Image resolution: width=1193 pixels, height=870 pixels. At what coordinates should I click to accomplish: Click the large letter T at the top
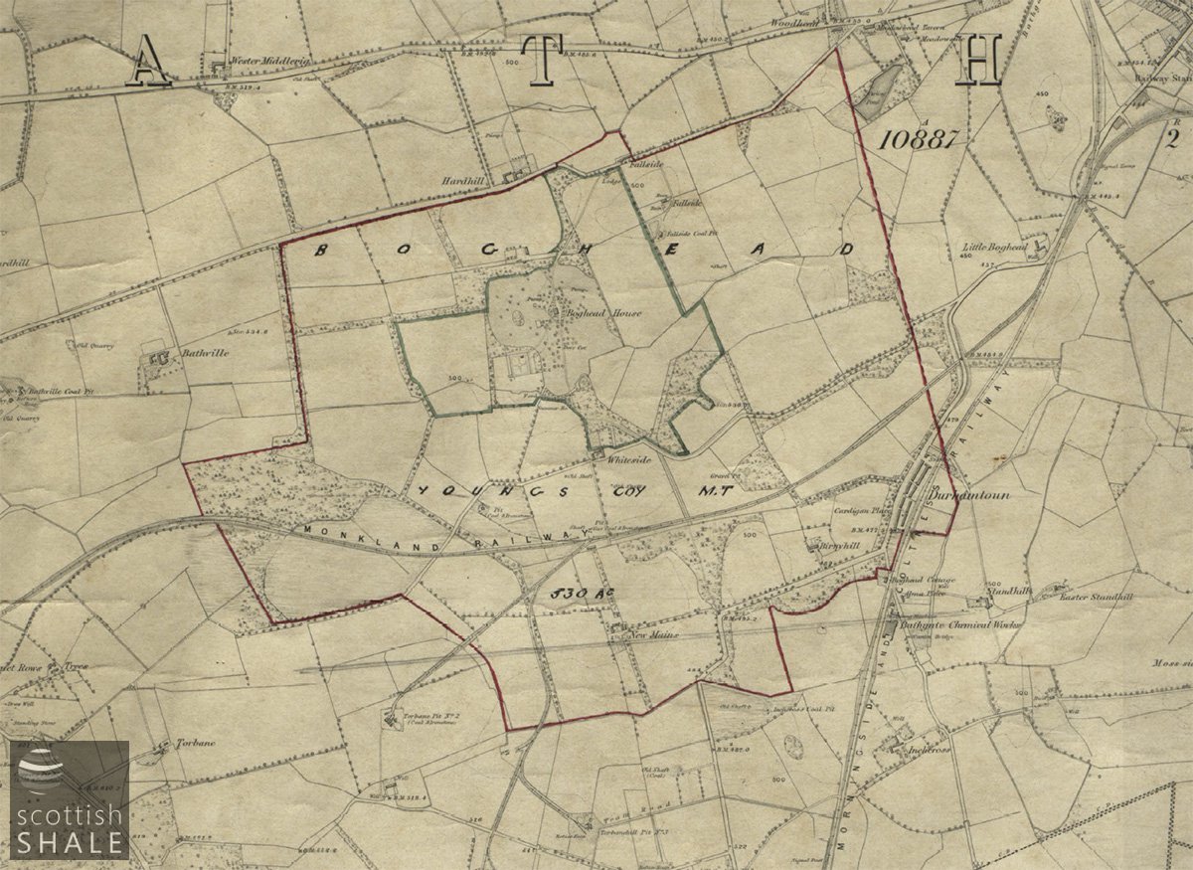pos(542,61)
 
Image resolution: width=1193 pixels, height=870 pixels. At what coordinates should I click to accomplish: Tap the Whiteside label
pos(627,459)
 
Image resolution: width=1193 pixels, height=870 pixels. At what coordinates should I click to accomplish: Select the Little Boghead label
pos(995,246)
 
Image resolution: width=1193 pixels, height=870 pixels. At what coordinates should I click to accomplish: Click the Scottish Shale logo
pos(68,800)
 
